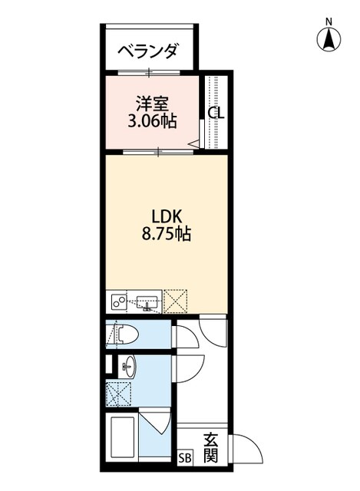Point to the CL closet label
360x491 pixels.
click(x=216, y=113)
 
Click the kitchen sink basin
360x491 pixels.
click(x=147, y=302)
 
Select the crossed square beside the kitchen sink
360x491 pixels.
click(x=176, y=302)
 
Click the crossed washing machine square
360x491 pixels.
click(x=117, y=393)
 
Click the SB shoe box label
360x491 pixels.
click(x=184, y=458)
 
